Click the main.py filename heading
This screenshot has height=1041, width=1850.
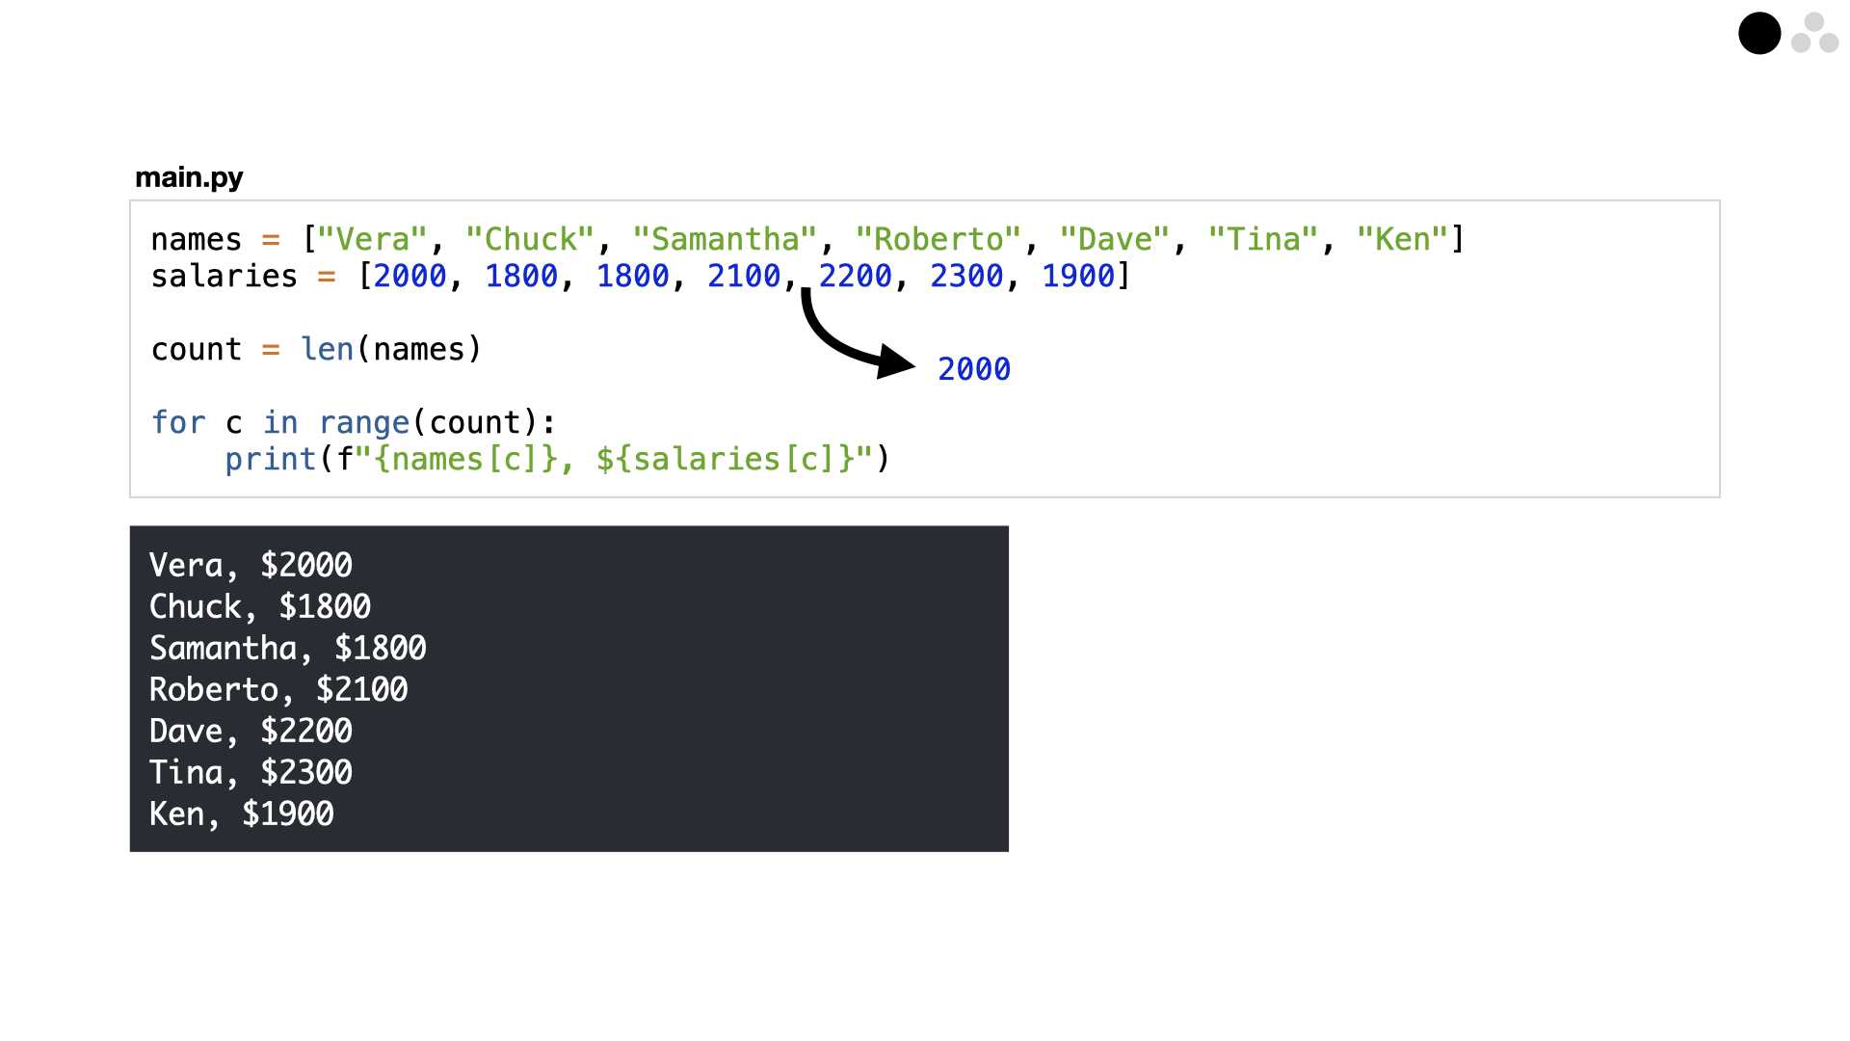tap(189, 178)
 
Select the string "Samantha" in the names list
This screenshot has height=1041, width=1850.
tap(725, 239)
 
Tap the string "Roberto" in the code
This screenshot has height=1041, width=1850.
tap(938, 239)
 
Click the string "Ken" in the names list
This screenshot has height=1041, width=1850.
tap(1402, 239)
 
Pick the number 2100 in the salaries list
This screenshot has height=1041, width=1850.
tap(744, 277)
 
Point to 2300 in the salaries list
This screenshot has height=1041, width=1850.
tap(966, 277)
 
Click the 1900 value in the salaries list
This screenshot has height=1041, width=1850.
tap(1078, 277)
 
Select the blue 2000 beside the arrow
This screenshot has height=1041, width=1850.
tap(974, 369)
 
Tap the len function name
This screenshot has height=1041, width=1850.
tap(327, 349)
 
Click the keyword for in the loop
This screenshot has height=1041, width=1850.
tap(178, 423)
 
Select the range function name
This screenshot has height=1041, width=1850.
tap(364, 423)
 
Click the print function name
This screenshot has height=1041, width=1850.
tap(271, 460)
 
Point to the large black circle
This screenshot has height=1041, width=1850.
tap(1759, 34)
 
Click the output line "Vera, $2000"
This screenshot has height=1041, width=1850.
tap(251, 565)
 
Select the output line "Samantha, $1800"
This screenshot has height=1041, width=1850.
tap(287, 648)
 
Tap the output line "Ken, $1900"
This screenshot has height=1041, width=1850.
tap(241, 814)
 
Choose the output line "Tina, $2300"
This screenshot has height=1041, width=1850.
tap(251, 772)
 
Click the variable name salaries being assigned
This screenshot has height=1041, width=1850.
tap(224, 277)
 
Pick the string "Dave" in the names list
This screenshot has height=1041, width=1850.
tap(1115, 239)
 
